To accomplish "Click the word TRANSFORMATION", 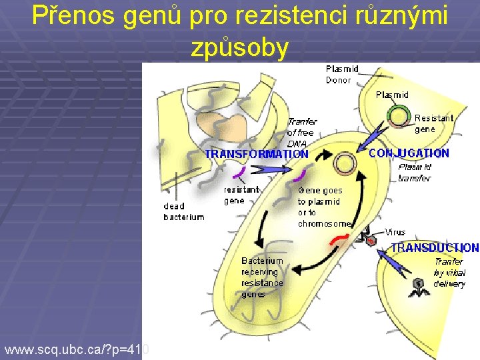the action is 257,154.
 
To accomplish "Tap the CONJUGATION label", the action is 409,153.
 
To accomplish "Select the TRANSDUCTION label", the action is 435,247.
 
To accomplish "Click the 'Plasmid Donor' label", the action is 342,74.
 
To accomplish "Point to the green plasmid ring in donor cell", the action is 399,116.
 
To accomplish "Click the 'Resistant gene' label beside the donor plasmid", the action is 433,123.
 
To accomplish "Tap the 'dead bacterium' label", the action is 184,211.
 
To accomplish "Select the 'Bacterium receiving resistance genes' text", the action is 262,277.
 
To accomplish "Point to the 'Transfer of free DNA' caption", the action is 301,132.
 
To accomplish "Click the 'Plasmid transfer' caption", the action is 415,173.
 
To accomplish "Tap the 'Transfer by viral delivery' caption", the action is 449,273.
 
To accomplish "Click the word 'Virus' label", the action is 395,233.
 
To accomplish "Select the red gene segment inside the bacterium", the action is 339,239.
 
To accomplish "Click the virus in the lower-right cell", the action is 419,285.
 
